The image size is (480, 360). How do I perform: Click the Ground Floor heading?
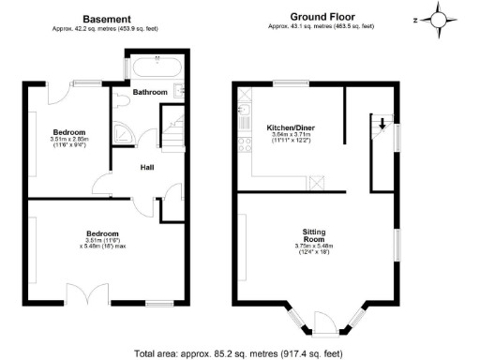tap(322, 16)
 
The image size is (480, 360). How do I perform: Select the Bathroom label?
tap(149, 92)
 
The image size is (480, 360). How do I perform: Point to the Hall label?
tap(148, 168)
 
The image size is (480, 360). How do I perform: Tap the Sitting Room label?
tap(314, 231)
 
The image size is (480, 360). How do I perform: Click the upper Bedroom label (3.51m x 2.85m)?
tap(68, 131)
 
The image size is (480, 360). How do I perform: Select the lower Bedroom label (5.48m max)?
tap(103, 232)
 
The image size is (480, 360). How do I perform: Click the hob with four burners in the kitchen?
tap(244, 145)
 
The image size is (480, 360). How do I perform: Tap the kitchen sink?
tap(244, 113)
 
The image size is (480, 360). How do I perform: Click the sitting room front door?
tap(324, 323)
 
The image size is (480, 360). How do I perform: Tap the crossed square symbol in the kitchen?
tap(316, 183)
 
